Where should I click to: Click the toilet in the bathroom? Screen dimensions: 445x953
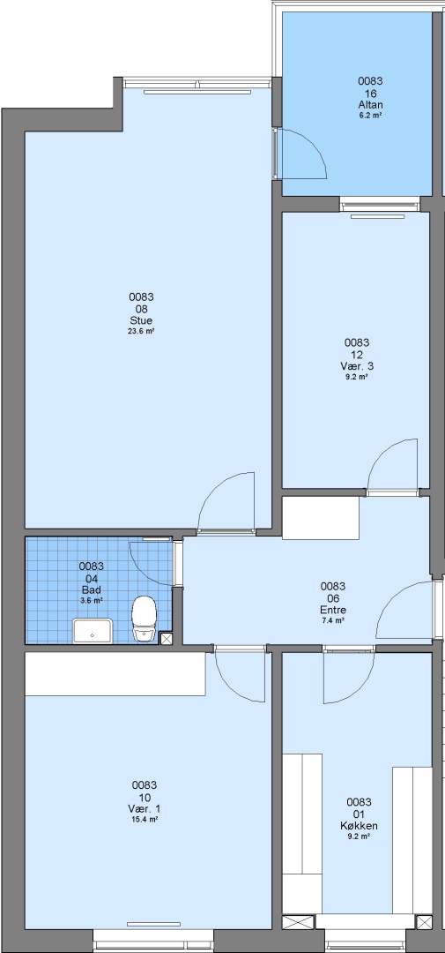[145, 618]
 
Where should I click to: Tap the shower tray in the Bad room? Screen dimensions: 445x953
[93, 631]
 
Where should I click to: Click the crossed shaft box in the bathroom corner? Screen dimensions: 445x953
[166, 638]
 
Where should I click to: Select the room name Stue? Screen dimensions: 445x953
[141, 320]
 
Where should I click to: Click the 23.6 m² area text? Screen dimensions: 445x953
[141, 331]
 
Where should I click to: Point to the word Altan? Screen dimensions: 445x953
[370, 104]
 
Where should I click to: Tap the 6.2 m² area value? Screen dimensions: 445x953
[370, 115]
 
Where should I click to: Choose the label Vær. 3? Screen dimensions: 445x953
[357, 366]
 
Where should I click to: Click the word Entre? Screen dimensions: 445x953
[333, 610]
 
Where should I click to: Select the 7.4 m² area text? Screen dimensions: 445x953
[333, 620]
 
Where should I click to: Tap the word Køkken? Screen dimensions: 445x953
[359, 825]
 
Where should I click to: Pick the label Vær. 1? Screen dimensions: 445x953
[145, 809]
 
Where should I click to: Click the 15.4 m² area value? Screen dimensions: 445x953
[145, 820]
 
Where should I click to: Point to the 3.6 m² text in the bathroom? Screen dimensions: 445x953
[91, 601]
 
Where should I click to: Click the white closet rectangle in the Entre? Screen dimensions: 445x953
[321, 518]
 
